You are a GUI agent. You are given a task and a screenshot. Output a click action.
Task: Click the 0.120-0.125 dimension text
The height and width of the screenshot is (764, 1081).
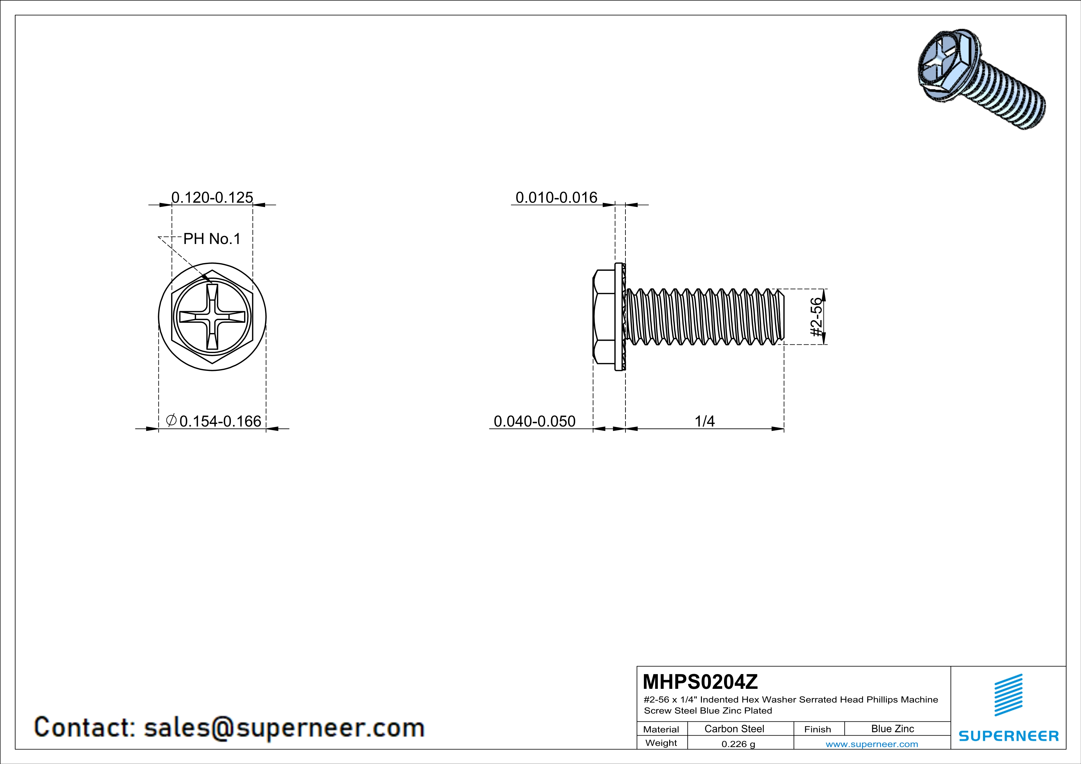click(x=212, y=197)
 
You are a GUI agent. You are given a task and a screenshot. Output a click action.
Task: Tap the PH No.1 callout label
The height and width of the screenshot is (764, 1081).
click(x=212, y=239)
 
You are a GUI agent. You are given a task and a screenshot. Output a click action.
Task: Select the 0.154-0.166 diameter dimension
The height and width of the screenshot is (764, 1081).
click(x=220, y=421)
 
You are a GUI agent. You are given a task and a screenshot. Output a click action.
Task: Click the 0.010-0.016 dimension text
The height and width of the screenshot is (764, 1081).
click(x=556, y=197)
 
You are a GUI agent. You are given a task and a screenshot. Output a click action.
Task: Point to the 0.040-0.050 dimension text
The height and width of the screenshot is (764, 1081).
click(x=534, y=421)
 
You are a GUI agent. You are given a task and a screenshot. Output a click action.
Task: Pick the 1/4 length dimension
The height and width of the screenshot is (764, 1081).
click(x=705, y=421)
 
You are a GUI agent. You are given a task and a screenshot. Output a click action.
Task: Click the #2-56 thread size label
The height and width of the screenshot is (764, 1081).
click(x=817, y=317)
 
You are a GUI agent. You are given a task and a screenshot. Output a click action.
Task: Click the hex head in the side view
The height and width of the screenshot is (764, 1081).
click(x=604, y=317)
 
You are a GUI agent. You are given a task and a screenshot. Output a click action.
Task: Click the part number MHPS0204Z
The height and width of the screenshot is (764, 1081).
click(x=700, y=682)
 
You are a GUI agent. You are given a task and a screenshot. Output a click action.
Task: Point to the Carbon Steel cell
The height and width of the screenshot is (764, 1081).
click(x=734, y=729)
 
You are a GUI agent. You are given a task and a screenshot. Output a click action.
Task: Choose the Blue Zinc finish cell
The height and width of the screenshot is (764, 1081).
click(x=892, y=729)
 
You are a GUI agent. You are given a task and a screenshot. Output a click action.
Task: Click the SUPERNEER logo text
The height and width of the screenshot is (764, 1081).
click(x=1009, y=736)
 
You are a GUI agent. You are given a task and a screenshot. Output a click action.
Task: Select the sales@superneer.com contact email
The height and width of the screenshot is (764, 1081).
click(x=284, y=727)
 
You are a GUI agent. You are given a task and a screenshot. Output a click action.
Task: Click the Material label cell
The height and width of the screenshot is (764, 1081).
click(x=661, y=729)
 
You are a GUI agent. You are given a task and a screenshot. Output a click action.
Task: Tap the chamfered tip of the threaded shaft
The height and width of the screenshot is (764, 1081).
click(x=782, y=317)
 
